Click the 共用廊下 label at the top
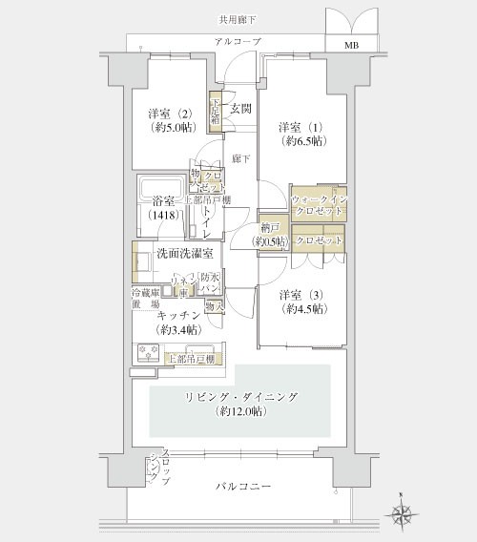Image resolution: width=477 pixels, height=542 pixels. click(237, 19)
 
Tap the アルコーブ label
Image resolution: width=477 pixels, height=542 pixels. click(237, 43)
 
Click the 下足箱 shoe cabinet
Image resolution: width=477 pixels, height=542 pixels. click(217, 113)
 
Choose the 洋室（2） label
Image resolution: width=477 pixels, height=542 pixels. click(167, 115)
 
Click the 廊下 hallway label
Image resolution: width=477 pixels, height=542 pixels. click(240, 159)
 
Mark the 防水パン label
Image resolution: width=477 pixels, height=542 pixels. click(211, 282)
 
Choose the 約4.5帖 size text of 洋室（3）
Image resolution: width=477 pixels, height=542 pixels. click(302, 310)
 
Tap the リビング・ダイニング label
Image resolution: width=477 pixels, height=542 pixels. click(239, 396)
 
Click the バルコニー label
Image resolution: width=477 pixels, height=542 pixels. click(242, 487)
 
